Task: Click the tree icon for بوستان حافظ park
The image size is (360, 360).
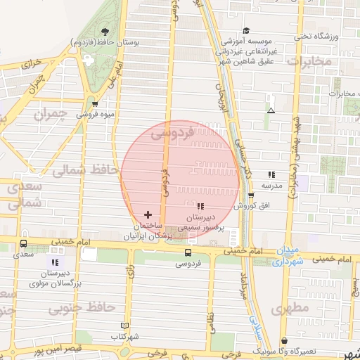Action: (105, 32)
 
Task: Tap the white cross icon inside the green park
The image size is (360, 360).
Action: (89, 60)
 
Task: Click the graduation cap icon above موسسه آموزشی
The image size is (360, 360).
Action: (246, 30)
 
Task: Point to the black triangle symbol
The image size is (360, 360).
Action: (271, 110)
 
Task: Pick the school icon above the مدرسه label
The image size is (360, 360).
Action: (271, 174)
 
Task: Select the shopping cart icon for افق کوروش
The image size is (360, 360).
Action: (251, 195)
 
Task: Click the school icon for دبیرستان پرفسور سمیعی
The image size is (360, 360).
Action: (200, 206)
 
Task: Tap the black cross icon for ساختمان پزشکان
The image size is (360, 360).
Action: (147, 214)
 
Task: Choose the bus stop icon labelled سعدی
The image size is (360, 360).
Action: (24, 243)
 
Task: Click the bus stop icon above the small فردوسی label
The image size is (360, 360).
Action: (188, 252)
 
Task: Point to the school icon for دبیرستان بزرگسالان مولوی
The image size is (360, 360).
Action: (55, 262)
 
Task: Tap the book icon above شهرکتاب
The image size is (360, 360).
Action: (124, 326)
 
